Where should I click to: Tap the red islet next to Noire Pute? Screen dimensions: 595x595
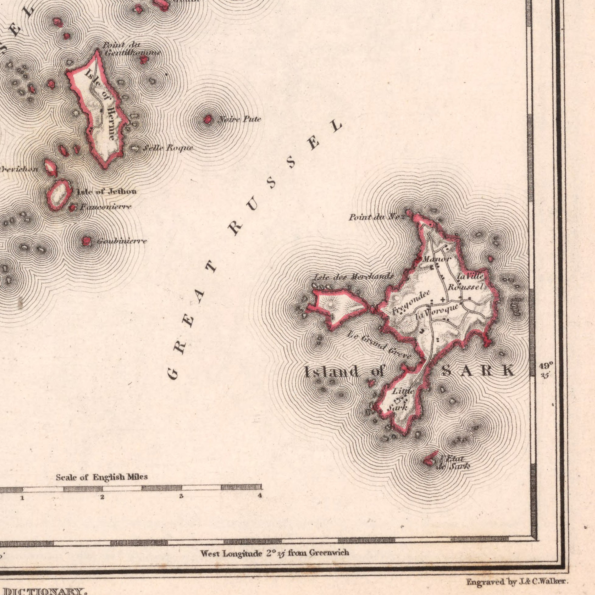tap(208, 119)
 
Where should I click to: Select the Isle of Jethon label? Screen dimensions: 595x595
tap(107, 192)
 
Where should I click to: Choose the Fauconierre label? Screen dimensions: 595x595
tap(106, 207)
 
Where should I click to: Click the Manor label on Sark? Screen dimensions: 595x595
tap(437, 259)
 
